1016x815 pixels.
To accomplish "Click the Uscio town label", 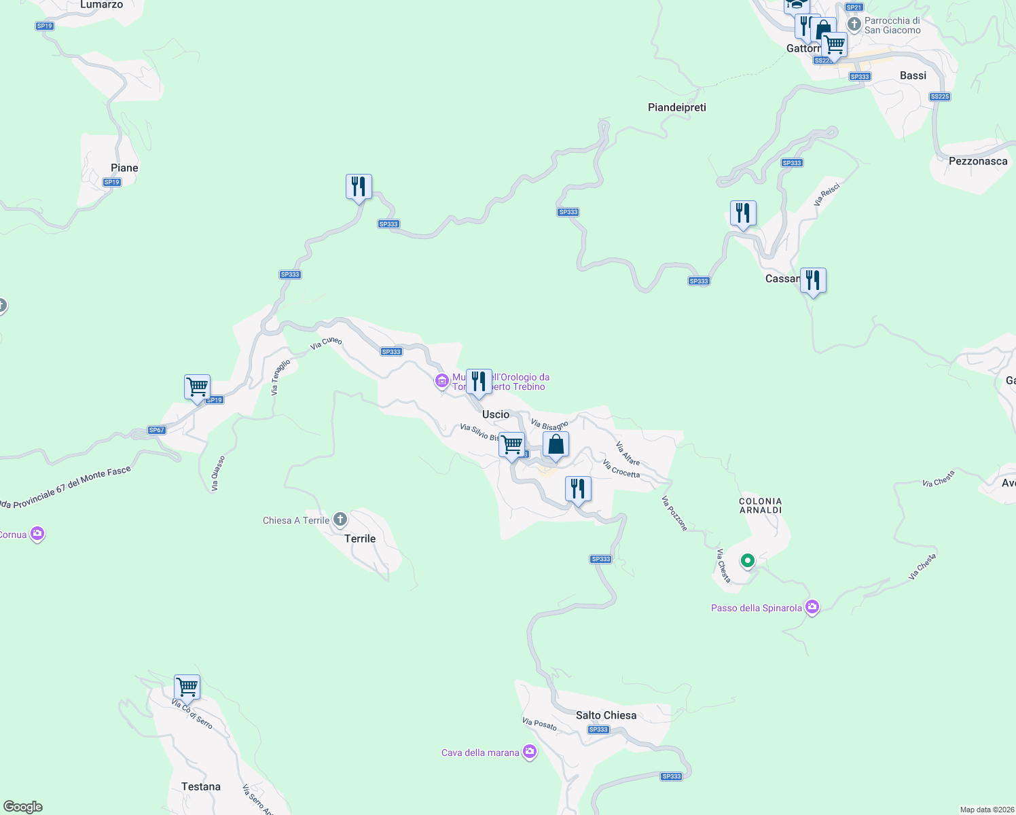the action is [x=495, y=414].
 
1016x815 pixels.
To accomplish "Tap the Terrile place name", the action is [x=360, y=539].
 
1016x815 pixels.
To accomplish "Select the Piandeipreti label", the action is [x=676, y=107].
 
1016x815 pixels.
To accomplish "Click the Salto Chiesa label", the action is [x=606, y=715].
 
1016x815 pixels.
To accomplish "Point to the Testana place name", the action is [x=200, y=786].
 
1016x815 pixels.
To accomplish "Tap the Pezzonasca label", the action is [x=977, y=161].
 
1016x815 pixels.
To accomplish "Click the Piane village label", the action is [x=124, y=168].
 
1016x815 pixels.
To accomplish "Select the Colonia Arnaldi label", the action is [x=760, y=505].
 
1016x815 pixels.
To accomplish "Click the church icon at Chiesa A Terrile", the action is [x=340, y=520].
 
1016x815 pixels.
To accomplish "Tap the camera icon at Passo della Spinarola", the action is [x=812, y=607].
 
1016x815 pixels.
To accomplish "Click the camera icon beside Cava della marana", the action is [x=530, y=752].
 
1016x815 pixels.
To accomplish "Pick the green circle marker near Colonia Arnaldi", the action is [x=748, y=561].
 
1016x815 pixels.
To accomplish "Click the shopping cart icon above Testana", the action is [x=187, y=687].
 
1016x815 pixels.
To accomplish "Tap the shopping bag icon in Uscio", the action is [x=556, y=445].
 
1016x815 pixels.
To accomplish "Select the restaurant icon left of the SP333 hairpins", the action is [x=359, y=186].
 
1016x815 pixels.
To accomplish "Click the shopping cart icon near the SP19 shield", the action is [x=197, y=387].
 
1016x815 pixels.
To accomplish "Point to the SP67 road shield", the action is [x=156, y=430].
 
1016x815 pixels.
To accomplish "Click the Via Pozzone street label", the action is [x=674, y=513].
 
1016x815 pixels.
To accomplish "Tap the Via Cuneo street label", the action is [x=326, y=343].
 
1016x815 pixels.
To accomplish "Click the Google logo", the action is [x=23, y=807].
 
